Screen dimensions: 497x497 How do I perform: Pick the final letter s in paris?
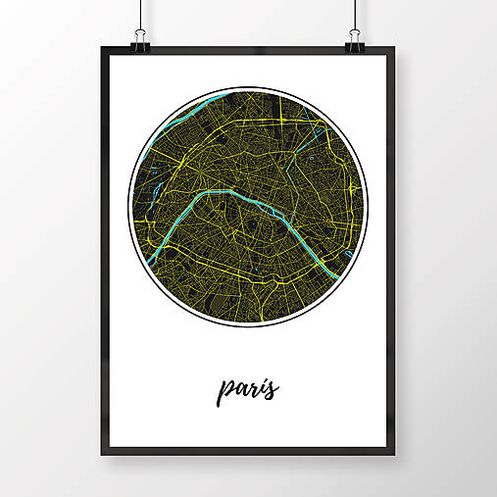pos(273,389)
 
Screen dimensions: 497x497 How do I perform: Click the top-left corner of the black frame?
pos(102,47)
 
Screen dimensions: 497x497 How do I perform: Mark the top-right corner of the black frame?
pos(395,47)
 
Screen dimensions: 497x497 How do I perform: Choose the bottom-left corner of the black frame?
pos(102,453)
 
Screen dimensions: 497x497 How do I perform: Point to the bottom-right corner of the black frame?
pos(395,453)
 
